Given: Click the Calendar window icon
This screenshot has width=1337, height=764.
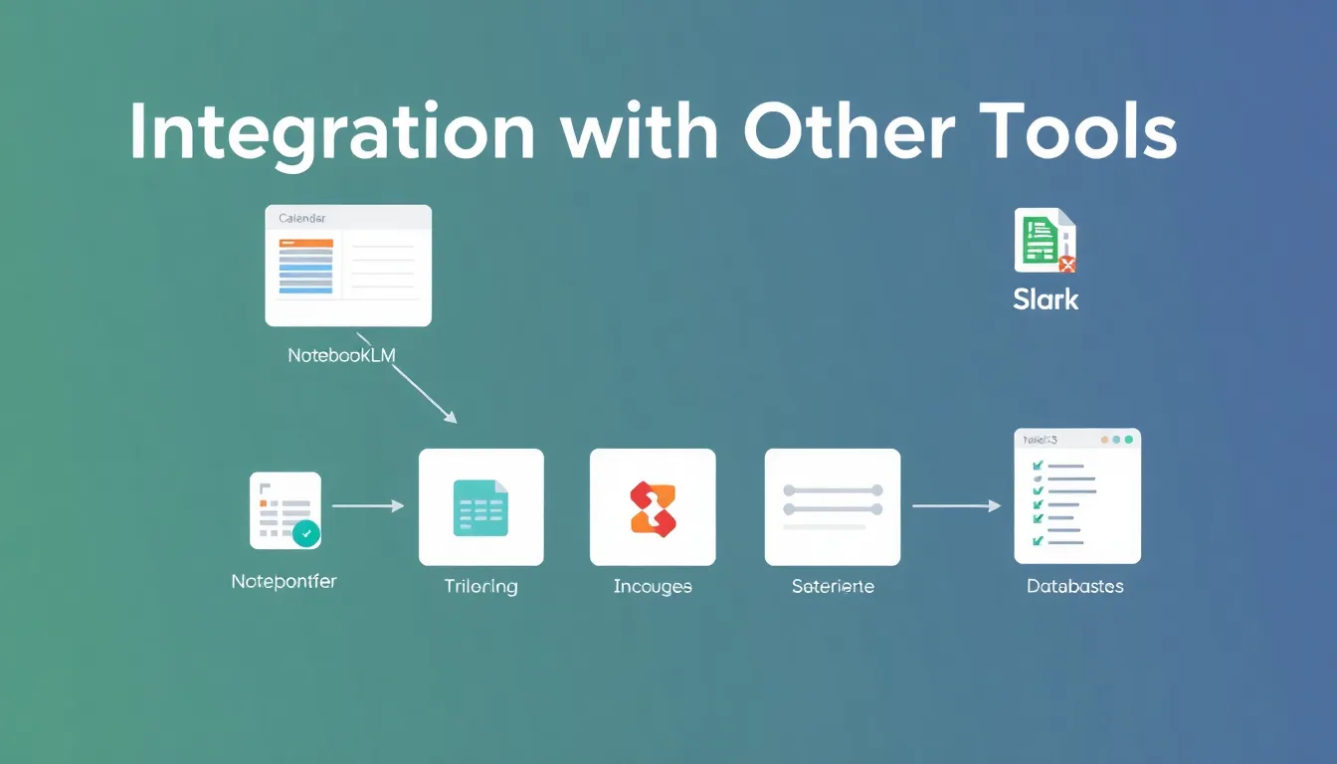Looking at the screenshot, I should pos(348,265).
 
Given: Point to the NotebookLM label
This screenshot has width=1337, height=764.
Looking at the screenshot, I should pos(341,355).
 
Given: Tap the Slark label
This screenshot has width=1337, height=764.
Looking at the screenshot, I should pos(1046,299).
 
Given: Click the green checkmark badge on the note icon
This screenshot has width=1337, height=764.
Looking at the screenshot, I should pos(306,533).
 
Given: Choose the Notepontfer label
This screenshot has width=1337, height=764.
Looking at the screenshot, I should pos(284,582).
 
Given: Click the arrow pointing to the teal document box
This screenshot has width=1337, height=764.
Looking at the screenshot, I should pos(367,506).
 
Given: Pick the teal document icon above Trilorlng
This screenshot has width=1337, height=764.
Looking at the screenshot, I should pos(480,506).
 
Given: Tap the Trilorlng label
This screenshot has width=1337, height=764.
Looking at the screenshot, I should pos(480,587).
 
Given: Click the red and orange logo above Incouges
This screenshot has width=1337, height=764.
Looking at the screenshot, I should pos(653,506).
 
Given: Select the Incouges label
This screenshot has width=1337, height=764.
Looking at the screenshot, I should pos(653,587).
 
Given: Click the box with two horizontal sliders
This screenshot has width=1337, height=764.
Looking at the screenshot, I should pos(832,506).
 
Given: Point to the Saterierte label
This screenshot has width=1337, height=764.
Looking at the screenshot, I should pos(833,587).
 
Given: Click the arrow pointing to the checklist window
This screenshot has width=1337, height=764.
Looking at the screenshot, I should pos(955,506).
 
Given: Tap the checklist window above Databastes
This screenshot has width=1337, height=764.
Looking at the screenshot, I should pos(1077,496).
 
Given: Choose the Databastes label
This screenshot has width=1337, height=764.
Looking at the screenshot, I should pos(1075,587).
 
